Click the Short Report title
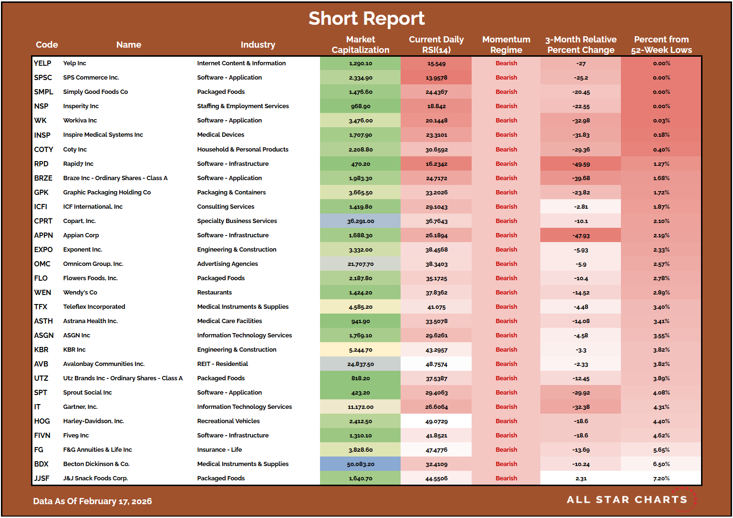click(x=366, y=19)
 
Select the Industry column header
click(x=258, y=45)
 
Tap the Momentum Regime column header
click(x=506, y=45)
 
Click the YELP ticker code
click(x=42, y=63)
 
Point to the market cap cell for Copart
click(x=360, y=221)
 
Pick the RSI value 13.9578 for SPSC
click(x=436, y=78)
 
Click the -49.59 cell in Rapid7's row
click(x=581, y=164)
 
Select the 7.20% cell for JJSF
click(x=661, y=478)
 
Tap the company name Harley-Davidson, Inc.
click(x=93, y=421)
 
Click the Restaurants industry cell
click(x=215, y=293)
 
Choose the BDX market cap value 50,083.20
click(x=360, y=464)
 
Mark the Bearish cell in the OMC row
click(x=506, y=264)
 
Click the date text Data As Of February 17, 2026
click(x=93, y=501)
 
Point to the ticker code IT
click(x=37, y=407)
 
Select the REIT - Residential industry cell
click(x=223, y=364)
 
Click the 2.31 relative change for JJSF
click(x=581, y=478)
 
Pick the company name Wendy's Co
click(x=80, y=293)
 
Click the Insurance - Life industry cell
click(x=219, y=450)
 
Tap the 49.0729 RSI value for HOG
click(x=436, y=421)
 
